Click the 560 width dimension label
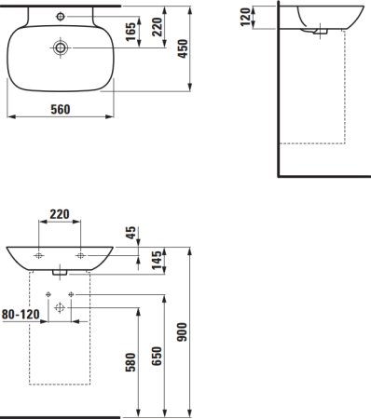(61, 109)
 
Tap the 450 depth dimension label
(183, 48)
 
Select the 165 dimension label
(131, 32)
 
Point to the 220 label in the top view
(158, 27)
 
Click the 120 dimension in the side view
(245, 17)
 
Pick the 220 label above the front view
(60, 214)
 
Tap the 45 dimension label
(131, 233)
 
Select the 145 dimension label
(158, 260)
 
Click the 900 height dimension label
(183, 332)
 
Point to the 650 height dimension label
(157, 357)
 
